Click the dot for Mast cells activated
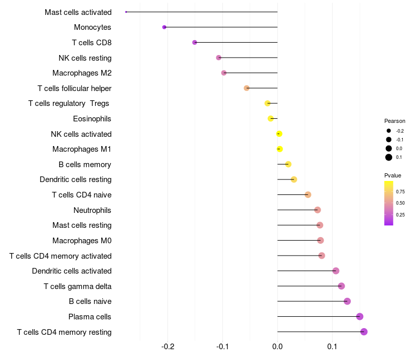pyautogui.click(x=126, y=12)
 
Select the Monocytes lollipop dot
pyautogui.click(x=164, y=27)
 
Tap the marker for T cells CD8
pyautogui.click(x=195, y=43)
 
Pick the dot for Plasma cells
pyautogui.click(x=360, y=316)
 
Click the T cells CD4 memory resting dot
pyautogui.click(x=364, y=332)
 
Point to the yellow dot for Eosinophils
pyautogui.click(x=271, y=119)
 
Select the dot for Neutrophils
pyautogui.click(x=317, y=210)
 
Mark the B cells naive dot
pyautogui.click(x=347, y=301)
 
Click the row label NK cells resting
pyautogui.click(x=85, y=58)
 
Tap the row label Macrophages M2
pyautogui.click(x=82, y=73)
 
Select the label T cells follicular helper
pyautogui.click(x=74, y=88)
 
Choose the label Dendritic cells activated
pyautogui.click(x=72, y=271)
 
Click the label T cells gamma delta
pyautogui.click(x=78, y=286)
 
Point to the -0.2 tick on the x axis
pyautogui.click(x=168, y=347)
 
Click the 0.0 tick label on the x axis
pyautogui.click(x=277, y=347)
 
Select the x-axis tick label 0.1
pyautogui.click(x=332, y=347)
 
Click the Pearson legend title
pyautogui.click(x=395, y=121)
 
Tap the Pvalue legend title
pyautogui.click(x=393, y=175)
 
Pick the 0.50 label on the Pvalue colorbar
pyautogui.click(x=400, y=203)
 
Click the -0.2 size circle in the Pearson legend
pyautogui.click(x=389, y=131)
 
